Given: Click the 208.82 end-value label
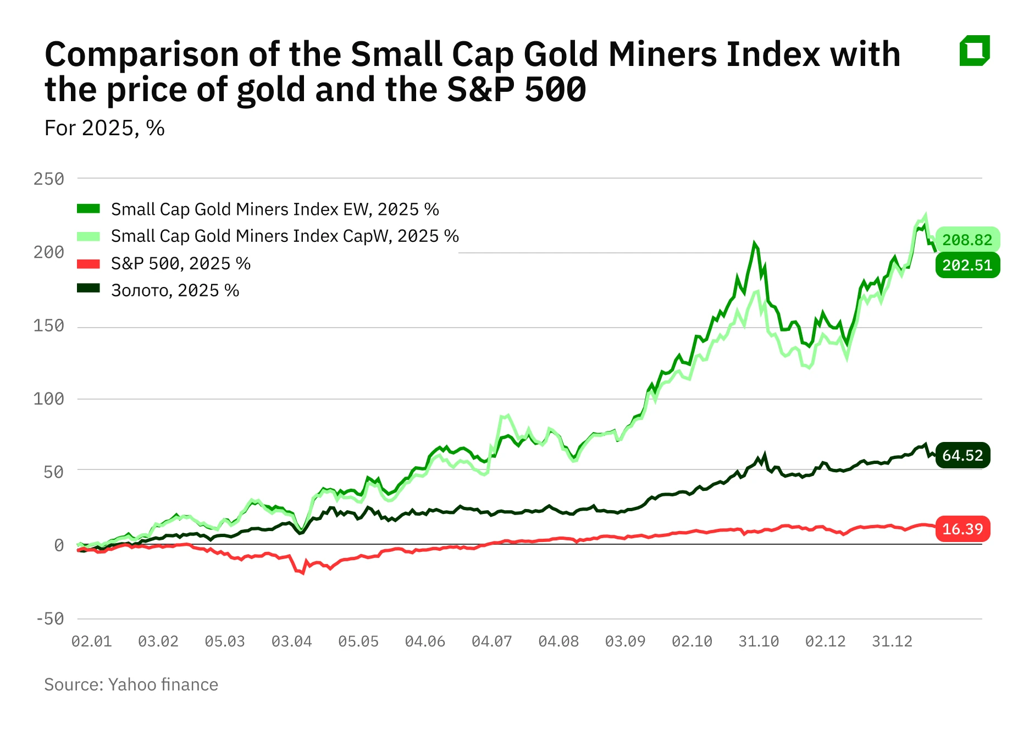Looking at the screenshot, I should click(x=967, y=240).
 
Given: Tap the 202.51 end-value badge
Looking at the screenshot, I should click(x=967, y=265).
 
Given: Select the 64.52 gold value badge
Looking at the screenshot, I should click(x=962, y=455).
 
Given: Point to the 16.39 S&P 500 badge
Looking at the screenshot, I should click(x=962, y=529).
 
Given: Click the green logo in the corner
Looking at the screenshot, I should click(x=974, y=51).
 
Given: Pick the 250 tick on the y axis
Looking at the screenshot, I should click(x=49, y=179).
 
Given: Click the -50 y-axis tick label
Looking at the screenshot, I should click(x=50, y=618).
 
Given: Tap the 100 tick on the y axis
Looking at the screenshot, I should click(x=49, y=399).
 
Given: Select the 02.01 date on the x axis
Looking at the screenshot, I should click(x=91, y=641).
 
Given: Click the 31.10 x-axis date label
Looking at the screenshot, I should click(x=759, y=641).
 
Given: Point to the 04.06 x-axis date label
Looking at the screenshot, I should click(x=425, y=641).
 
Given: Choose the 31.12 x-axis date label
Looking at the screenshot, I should click(x=892, y=641).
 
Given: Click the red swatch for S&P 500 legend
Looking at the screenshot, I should click(x=88, y=264).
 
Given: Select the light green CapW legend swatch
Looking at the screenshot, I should click(x=88, y=236).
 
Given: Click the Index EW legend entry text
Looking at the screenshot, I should click(x=275, y=209).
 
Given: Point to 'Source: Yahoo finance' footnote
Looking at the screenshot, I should click(x=131, y=684).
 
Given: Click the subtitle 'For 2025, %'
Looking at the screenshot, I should click(x=104, y=128).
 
